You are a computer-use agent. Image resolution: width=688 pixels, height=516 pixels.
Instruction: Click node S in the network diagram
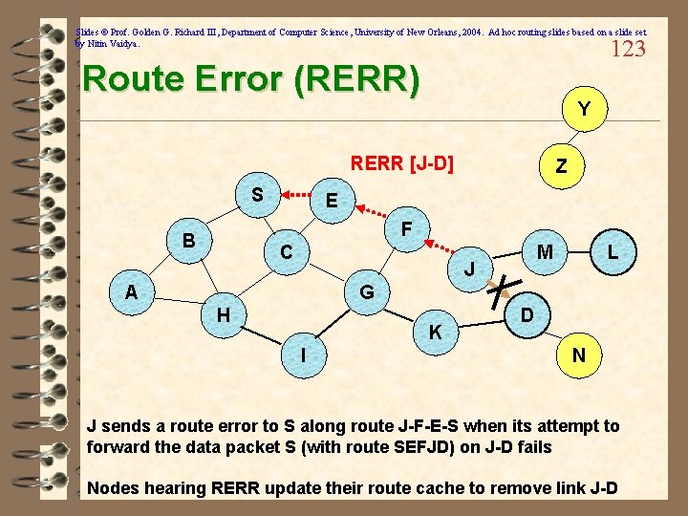[x=257, y=195]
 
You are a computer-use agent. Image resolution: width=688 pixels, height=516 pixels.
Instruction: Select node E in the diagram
[x=331, y=202]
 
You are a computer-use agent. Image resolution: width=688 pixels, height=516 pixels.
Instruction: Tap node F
[x=407, y=230]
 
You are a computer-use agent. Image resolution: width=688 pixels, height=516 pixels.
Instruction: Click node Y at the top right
[x=583, y=110]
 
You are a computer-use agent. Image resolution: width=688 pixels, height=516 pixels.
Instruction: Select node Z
[x=561, y=166]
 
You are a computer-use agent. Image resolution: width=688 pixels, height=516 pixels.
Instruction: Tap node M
[x=545, y=252]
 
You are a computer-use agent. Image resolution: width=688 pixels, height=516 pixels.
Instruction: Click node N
[x=578, y=355]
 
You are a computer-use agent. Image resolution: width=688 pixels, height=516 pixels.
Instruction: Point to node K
[x=435, y=333]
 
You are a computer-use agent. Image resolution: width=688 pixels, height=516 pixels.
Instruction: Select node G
[x=366, y=291]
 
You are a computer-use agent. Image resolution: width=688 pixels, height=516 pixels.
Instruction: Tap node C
[x=286, y=253]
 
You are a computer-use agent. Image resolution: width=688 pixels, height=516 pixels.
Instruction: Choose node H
[x=222, y=314]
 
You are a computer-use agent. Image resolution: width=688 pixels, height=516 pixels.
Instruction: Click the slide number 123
[x=627, y=49]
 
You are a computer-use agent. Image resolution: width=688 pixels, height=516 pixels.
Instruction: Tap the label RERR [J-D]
[x=401, y=163]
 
